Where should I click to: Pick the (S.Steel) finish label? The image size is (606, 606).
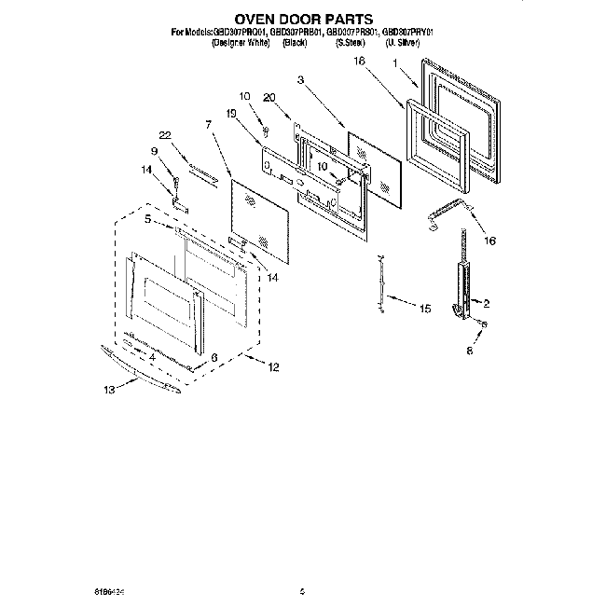point(349,42)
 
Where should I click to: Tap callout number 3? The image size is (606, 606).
point(301,81)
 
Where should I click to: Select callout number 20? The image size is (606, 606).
point(269,96)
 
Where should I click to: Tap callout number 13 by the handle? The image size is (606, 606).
point(110,391)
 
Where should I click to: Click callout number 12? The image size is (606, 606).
point(272,366)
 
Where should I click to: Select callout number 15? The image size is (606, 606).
point(425,308)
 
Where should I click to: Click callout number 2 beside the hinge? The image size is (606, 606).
point(487,302)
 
